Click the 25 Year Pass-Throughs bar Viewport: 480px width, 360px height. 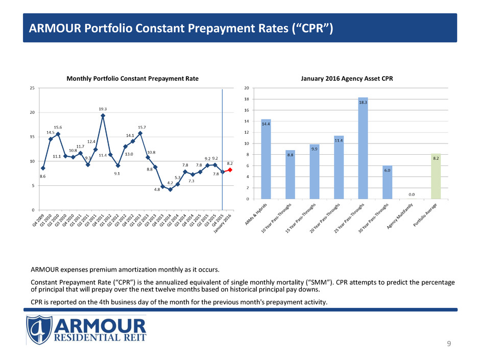363,148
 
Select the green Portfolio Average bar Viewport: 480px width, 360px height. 436,176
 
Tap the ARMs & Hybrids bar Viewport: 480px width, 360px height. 266,159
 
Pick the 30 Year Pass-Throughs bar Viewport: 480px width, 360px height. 388,182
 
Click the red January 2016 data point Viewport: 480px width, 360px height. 230,170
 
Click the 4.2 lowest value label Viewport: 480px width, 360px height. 170,196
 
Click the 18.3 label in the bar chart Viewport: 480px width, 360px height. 363,103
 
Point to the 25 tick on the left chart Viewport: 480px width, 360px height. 32,88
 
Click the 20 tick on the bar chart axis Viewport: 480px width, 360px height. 246,88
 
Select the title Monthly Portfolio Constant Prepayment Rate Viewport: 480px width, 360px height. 133,78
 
